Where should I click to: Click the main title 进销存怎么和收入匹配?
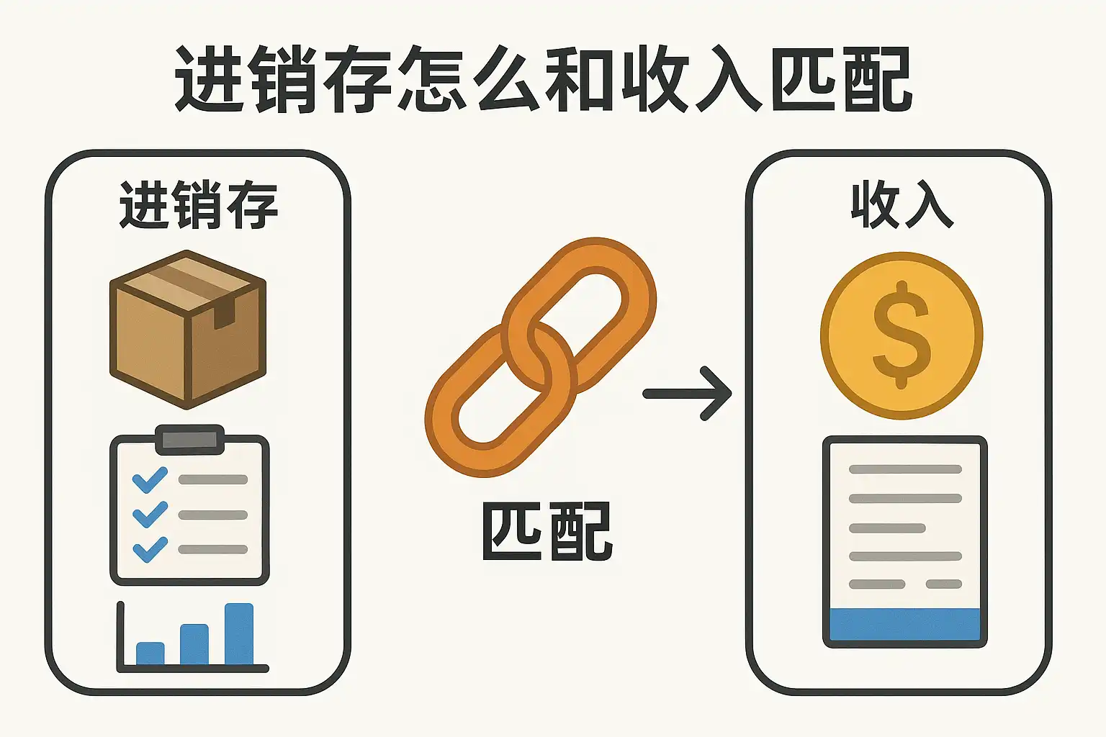click(544, 79)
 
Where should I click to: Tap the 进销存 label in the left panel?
click(199, 206)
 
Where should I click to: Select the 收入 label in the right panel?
click(902, 206)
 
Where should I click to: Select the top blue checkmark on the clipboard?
click(150, 479)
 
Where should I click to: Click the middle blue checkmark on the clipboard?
click(150, 514)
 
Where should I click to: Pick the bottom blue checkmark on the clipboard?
click(150, 549)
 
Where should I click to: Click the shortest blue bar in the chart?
click(150, 654)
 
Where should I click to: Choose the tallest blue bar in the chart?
click(239, 634)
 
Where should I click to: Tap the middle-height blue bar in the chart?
click(194, 644)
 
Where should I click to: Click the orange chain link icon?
click(540, 356)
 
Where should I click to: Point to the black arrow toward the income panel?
click(688, 394)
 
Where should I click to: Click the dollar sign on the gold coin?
click(902, 335)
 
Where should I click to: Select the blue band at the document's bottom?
click(905, 624)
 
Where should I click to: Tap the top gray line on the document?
click(905, 469)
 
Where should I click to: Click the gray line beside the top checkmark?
click(213, 479)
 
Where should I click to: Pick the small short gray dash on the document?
click(944, 584)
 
